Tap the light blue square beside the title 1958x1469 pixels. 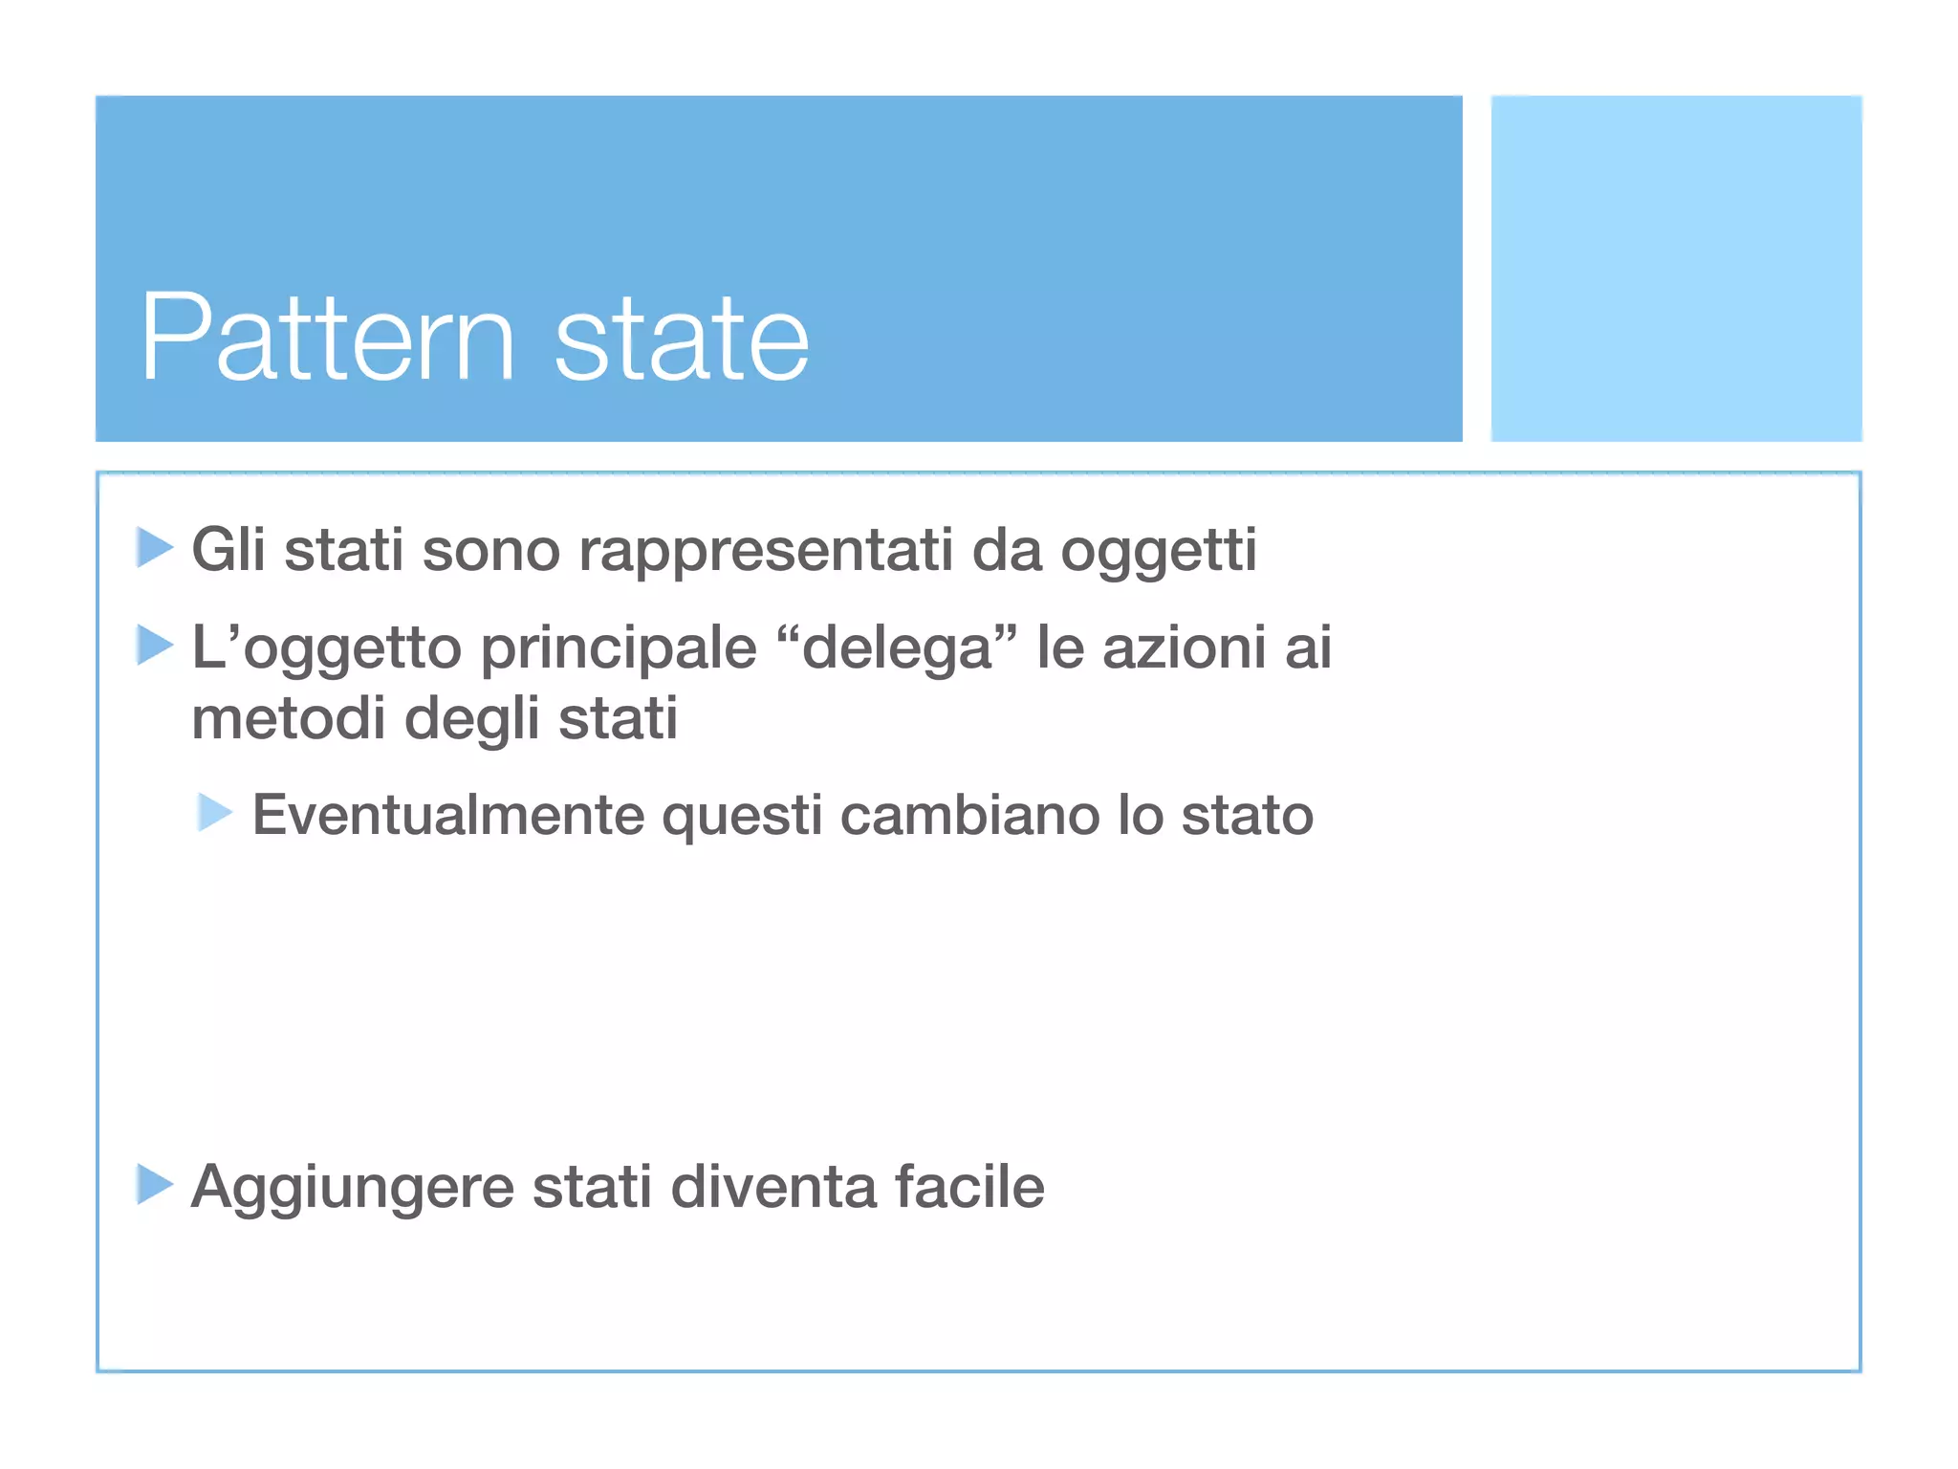pyautogui.click(x=1676, y=268)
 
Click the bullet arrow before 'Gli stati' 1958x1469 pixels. pyautogui.click(x=154, y=547)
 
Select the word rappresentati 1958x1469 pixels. pyautogui.click(x=766, y=552)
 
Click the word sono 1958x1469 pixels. pyautogui.click(x=491, y=552)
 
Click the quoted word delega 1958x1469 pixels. pyautogui.click(x=897, y=648)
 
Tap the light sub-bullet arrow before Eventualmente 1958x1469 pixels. pyautogui.click(x=214, y=812)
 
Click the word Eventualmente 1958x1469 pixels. pyautogui.click(x=448, y=816)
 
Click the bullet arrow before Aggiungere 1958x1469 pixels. pyautogui.click(x=154, y=1184)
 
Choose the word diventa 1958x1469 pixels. pyautogui.click(x=773, y=1188)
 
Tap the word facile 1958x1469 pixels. pyautogui.click(x=969, y=1188)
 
